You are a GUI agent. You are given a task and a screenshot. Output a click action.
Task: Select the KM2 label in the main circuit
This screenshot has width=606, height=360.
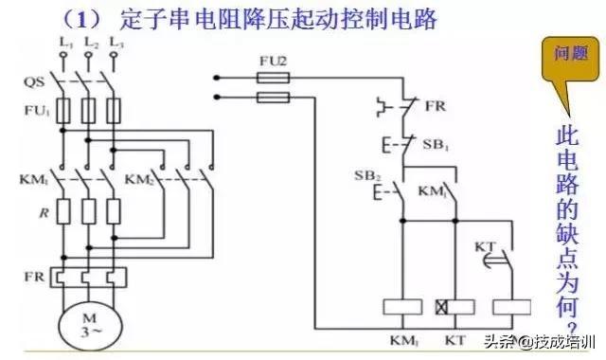[x=139, y=178]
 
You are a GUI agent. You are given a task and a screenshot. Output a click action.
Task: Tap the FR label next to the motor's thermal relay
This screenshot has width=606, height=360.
[x=34, y=274]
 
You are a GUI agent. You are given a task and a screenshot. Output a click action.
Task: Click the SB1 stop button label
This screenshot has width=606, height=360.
[x=436, y=143]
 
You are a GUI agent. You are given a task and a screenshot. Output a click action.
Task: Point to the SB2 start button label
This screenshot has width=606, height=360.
[x=365, y=177]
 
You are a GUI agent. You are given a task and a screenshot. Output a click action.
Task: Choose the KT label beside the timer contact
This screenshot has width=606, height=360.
[x=485, y=246]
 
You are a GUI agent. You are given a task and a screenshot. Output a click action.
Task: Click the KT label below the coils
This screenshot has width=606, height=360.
[x=457, y=338]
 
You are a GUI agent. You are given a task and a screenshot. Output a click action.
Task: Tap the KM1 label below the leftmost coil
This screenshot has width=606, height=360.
[x=400, y=338]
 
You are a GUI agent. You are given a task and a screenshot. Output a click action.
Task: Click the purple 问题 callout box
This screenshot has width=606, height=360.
[x=562, y=58]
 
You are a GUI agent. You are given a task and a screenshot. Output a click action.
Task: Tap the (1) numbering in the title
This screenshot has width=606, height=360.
[x=78, y=17]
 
